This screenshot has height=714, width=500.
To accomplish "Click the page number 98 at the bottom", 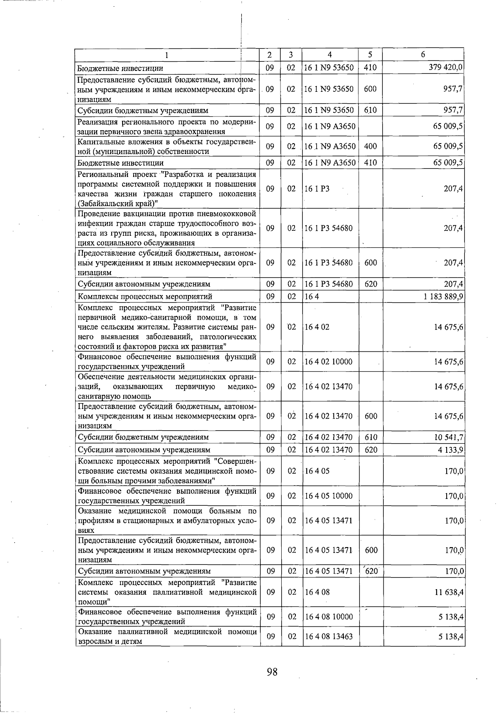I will coord(272,672).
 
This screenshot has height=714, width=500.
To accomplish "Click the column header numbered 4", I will coord(330,55).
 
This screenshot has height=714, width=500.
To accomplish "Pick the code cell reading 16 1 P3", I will coord(317,189).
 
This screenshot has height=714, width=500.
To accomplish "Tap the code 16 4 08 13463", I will coord(329,636).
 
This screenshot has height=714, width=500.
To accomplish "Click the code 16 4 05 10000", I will coord(329,496).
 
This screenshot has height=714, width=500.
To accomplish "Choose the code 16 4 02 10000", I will coord(329,361).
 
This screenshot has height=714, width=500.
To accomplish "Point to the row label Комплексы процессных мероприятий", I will coord(145,296).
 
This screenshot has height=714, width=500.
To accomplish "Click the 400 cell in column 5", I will coord(370,146).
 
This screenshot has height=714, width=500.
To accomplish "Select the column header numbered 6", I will coord(423,55).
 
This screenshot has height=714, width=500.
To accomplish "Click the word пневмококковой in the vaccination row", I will coord(228,214).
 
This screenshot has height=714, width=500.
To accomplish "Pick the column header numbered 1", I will coord(167,55).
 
